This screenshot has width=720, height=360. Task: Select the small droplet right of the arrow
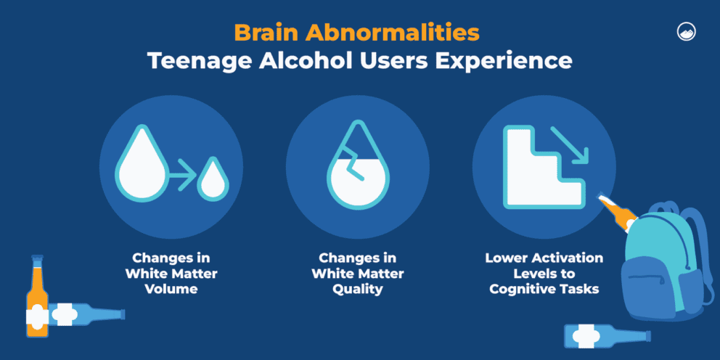click(213, 179)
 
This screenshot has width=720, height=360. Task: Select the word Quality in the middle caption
click(357, 290)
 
